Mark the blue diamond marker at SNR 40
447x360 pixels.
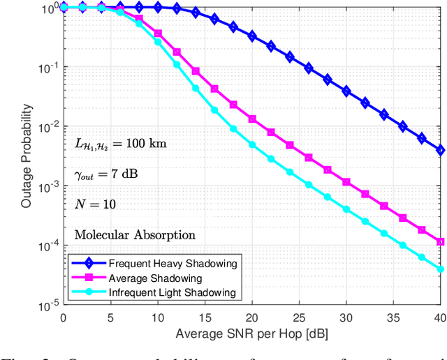pos(440,149)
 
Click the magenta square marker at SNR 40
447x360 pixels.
pos(440,242)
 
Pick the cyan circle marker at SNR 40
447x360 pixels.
pos(440,269)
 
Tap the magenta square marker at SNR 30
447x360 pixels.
pos(346,181)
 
